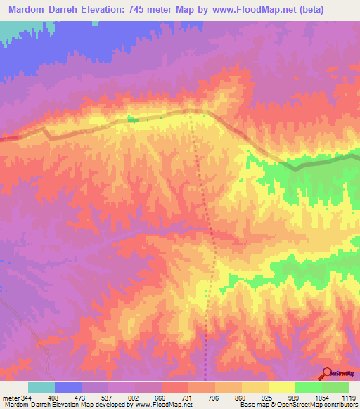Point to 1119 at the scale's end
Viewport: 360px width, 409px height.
[x=347, y=398]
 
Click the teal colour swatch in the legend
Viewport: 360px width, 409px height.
[x=41, y=388]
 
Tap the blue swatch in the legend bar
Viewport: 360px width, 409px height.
[x=68, y=388]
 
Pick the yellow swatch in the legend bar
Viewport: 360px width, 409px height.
[x=282, y=388]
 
